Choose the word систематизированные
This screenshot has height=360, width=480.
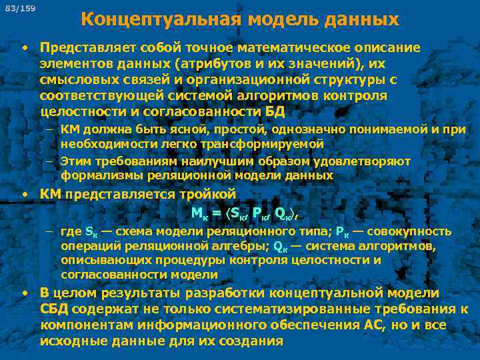276,309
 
